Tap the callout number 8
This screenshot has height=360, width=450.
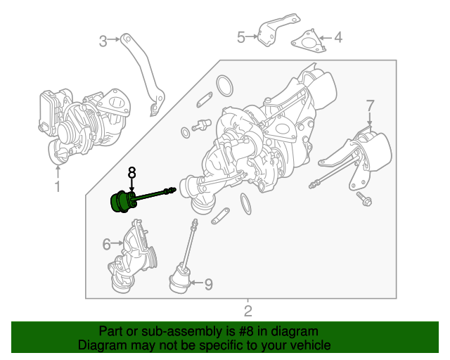[x=131, y=172]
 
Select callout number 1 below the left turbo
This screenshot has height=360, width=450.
[x=58, y=186]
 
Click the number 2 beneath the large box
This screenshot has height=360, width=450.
[x=247, y=311]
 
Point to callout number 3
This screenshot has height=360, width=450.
[x=103, y=41]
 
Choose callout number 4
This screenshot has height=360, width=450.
[x=337, y=37]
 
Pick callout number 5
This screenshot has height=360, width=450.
[x=240, y=37]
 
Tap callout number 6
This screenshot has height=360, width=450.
[x=107, y=244]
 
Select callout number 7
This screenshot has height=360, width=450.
[x=370, y=105]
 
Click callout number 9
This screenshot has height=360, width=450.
[x=208, y=284]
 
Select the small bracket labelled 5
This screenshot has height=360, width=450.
[x=267, y=33]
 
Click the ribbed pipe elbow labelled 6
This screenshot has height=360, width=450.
[x=134, y=257]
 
